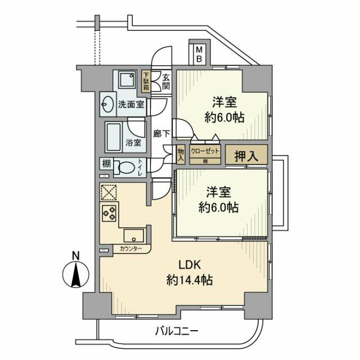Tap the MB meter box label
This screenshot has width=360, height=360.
coord(199,55)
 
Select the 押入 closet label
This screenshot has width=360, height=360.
coord(246,156)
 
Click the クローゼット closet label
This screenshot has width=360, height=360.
coord(204,151)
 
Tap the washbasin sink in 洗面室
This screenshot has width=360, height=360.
coord(109,104)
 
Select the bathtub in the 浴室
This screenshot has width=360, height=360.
coord(118,136)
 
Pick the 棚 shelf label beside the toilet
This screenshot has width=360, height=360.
coord(106,165)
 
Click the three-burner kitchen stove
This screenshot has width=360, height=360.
coord(109,213)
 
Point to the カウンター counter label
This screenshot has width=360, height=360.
coord(130,249)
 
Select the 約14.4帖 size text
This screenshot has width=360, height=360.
coord(189,280)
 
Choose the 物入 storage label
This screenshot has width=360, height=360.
coord(181,155)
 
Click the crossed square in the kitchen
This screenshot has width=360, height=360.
coord(109,192)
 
